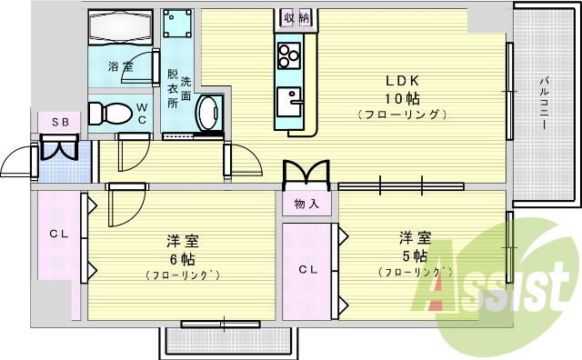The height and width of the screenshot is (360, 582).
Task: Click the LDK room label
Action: pos(402,78)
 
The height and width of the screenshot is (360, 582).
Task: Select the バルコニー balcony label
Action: pos(543,103)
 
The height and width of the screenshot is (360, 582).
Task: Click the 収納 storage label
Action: pos(296,17)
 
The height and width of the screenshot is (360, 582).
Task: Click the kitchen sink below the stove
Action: pos(292,99)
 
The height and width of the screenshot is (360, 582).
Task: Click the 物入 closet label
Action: pos(306,205)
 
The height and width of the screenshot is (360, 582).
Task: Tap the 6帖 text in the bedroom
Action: pos(182,258)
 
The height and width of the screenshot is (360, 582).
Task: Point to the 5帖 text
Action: pos(415,255)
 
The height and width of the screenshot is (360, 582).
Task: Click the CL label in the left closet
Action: pos(59,234)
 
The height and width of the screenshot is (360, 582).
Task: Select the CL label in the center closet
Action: pos(307,270)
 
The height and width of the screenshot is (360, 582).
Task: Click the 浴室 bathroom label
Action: pos(119,67)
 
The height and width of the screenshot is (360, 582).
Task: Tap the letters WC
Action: pos(142,113)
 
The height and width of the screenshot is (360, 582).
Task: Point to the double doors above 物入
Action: pos(306,174)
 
